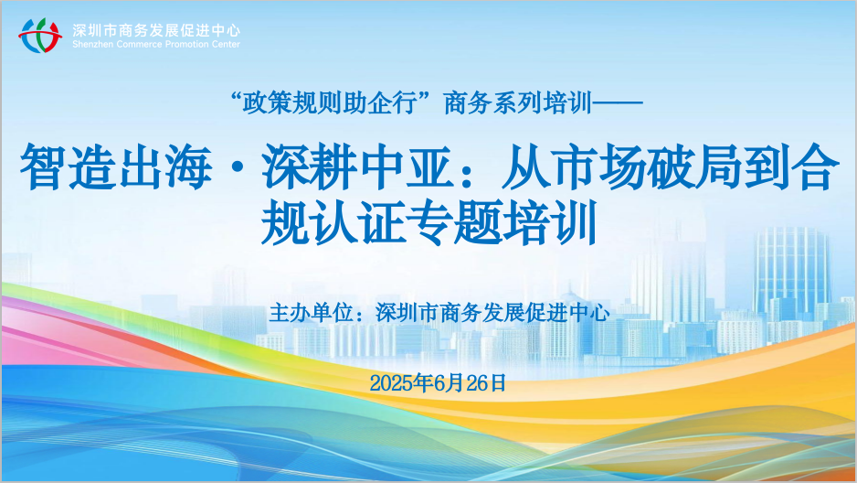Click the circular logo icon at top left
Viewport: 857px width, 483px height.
(x=40, y=36)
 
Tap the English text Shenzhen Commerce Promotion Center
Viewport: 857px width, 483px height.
(x=156, y=44)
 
